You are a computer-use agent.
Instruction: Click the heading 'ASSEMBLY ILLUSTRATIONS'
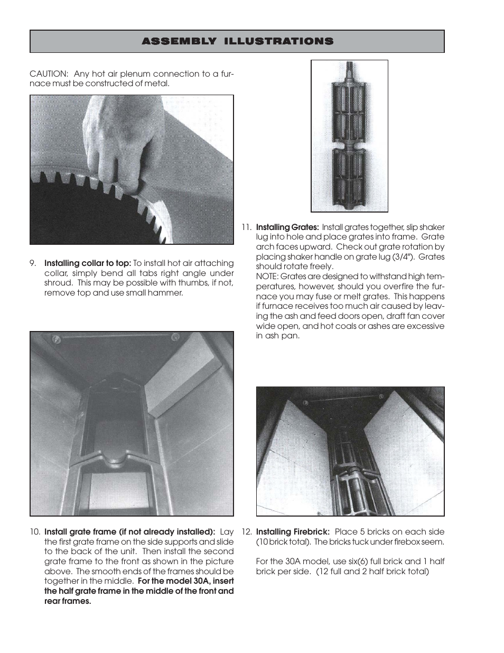pos(237,41)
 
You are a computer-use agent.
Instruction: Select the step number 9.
pos(33,263)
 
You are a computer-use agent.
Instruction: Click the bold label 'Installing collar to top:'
pos(87,263)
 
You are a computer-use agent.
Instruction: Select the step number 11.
pos(246,227)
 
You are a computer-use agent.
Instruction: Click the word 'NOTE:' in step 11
pos(268,277)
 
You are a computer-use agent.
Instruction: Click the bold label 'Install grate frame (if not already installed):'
pos(129,532)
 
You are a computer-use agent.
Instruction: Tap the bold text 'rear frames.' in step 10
pos(68,601)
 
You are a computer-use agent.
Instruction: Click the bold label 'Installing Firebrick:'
pos(293,532)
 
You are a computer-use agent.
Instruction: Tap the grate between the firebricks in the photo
pos(349,476)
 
